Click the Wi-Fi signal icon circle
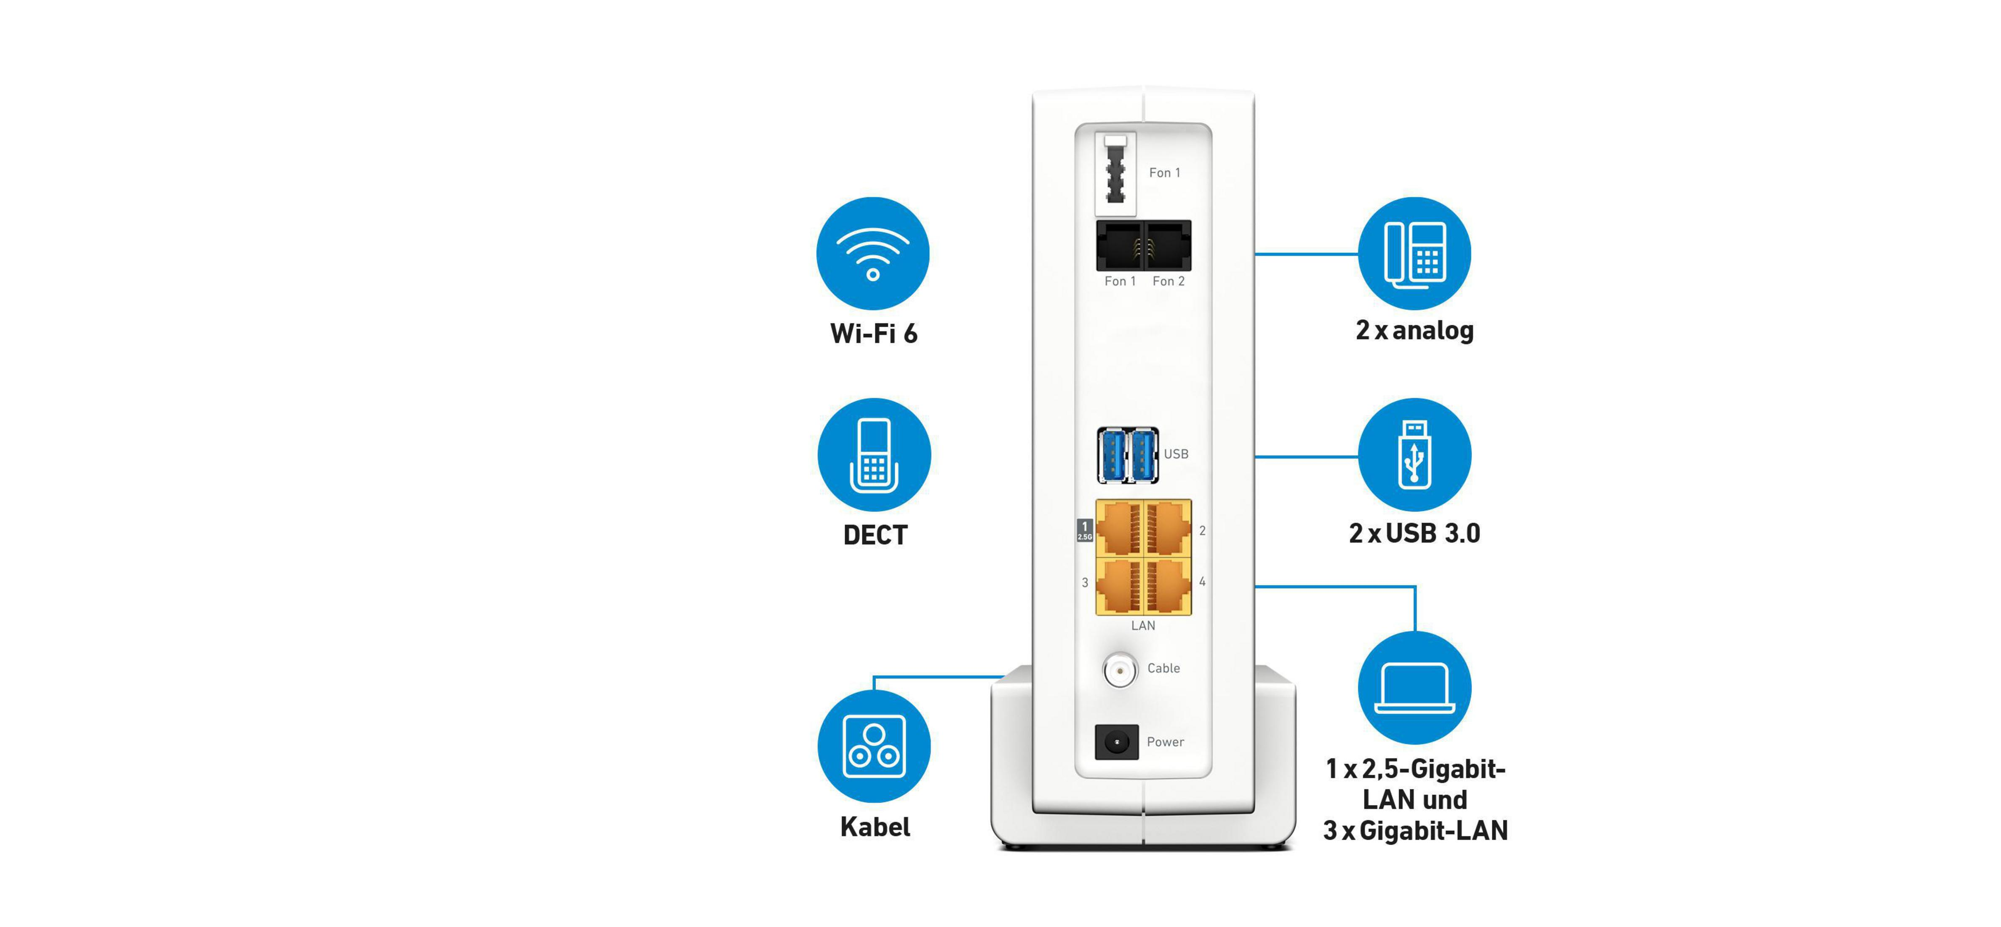coord(872,253)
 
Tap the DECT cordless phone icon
coord(874,455)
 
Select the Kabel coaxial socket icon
coord(874,746)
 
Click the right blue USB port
coord(1142,455)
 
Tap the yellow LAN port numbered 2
coord(1168,528)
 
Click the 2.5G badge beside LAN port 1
coord(1084,531)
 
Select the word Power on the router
coord(1165,742)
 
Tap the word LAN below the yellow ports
coord(1143,625)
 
